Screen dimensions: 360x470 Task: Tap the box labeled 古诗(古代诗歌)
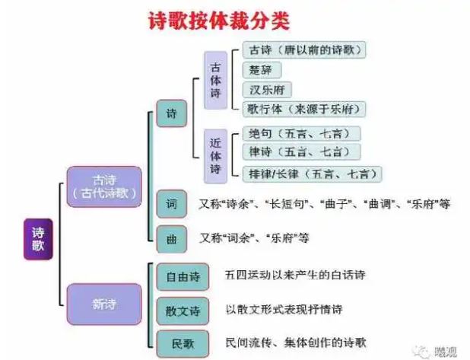(103, 186)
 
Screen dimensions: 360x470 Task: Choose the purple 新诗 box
(103, 304)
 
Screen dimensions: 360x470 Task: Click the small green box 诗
(171, 114)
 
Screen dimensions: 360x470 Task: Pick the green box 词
(171, 203)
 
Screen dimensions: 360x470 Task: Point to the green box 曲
(171, 238)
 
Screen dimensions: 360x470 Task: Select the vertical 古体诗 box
(216, 80)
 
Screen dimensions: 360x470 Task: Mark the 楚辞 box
(259, 70)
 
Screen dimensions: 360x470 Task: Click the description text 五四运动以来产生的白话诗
(291, 274)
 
